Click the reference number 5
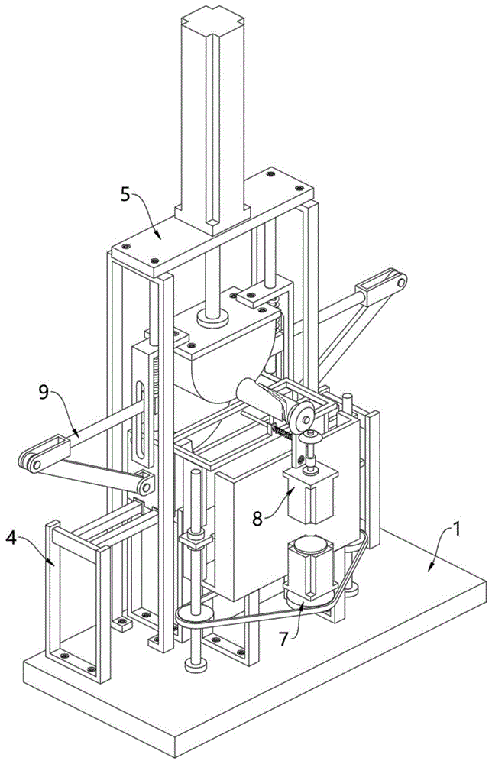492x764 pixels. [126, 195]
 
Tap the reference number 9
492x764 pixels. [44, 392]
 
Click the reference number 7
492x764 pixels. [286, 638]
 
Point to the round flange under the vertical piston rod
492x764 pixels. [213, 317]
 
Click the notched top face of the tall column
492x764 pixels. [212, 18]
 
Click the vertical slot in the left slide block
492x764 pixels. [141, 419]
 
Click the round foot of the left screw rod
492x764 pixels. [196, 665]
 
